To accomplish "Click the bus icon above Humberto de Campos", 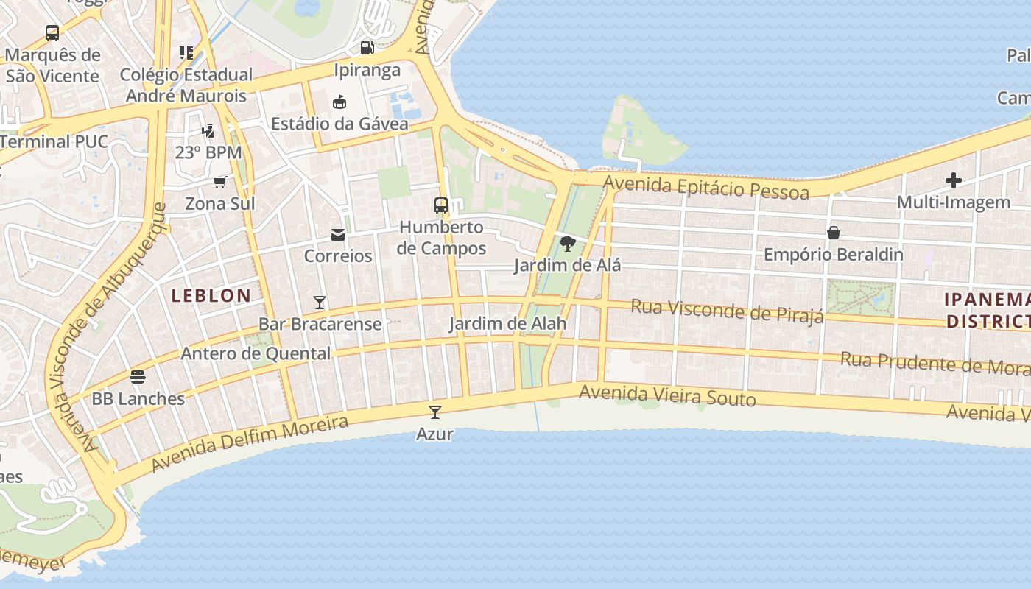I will point(441,205).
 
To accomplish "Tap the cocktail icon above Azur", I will point(435,412).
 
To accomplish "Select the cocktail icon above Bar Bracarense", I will point(320,302).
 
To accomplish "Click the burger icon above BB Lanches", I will point(138,377).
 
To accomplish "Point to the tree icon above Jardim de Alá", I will point(567,244).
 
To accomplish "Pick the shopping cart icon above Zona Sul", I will point(219,182).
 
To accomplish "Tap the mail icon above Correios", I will point(338,235).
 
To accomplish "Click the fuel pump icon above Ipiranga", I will point(367,48).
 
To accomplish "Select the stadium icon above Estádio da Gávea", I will point(339,102).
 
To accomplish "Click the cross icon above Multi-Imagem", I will point(954,180).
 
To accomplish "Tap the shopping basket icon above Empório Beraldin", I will point(834,233).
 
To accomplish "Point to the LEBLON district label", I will point(211,296).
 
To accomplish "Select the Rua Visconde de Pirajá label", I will point(727,311).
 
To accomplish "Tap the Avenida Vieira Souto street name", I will point(667,396).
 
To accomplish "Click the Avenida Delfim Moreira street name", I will point(250,444).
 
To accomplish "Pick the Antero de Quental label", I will point(256,353).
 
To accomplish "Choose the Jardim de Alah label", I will point(508,324).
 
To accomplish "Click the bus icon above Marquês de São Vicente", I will point(52,33).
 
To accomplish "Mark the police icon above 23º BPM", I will point(208,131).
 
